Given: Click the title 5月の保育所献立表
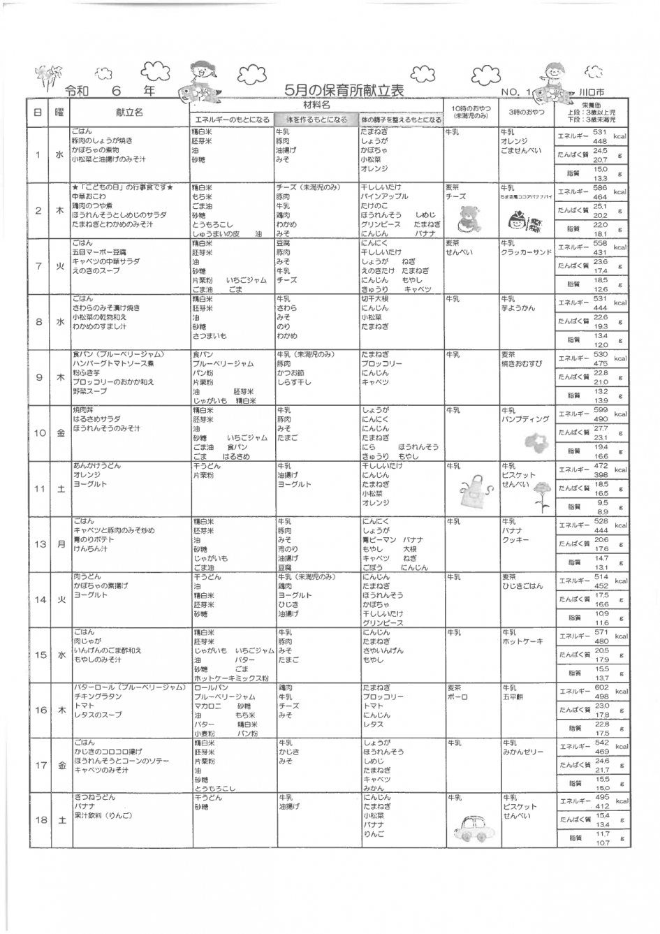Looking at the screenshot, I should coord(344,91).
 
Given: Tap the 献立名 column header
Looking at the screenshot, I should coord(129,112).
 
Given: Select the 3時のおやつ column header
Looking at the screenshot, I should coord(526,112).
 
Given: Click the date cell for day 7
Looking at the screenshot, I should coord(38,266).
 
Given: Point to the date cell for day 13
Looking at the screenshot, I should coord(38,543).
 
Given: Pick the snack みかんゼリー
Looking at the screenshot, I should coord(523,752).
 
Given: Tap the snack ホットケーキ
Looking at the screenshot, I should coord(522,641).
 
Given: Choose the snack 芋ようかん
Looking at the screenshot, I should coord(518,308).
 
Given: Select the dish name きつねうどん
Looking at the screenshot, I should coord(94,797).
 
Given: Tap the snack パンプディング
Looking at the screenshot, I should coord(525,420).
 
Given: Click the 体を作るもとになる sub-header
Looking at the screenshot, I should coord(315,119).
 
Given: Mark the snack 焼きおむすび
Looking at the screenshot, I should coord(521,364).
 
